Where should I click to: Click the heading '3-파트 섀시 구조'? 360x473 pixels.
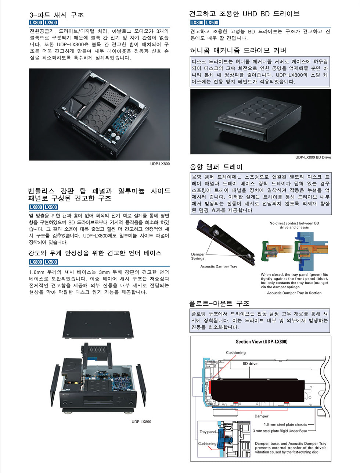click(57, 15)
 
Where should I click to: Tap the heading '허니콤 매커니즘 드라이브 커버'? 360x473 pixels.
click(238, 50)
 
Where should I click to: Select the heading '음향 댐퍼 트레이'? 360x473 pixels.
click(216, 167)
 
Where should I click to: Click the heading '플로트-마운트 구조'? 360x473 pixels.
click(219, 304)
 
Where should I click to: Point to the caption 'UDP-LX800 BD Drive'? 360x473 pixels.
click(313, 157)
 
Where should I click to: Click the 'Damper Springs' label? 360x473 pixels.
click(198, 256)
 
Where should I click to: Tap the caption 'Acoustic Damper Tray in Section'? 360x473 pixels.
click(294, 293)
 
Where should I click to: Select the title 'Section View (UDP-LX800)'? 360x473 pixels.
click(262, 341)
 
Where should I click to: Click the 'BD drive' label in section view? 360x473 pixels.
click(250, 363)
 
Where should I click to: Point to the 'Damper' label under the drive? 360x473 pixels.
click(262, 416)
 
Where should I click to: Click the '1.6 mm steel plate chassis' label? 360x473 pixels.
click(285, 424)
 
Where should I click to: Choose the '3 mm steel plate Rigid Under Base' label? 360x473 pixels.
click(280, 431)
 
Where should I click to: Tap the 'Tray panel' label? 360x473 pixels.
click(208, 432)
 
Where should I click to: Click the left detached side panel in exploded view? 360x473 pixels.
click(55, 383)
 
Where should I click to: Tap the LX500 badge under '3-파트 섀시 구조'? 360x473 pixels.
click(51, 23)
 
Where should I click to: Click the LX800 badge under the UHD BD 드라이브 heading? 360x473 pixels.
click(197, 23)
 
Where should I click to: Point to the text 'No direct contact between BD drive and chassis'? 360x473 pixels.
click(294, 225)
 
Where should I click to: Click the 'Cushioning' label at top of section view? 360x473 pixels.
click(235, 352)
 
